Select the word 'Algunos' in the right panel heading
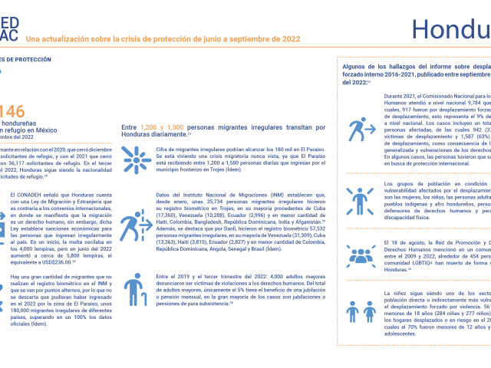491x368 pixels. [x=355, y=67]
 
